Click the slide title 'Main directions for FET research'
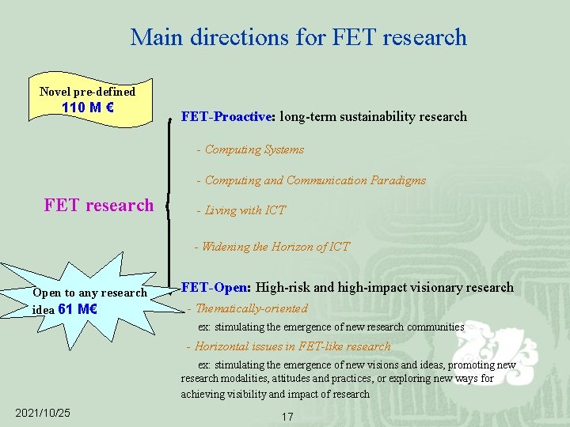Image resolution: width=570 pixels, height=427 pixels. (x=298, y=37)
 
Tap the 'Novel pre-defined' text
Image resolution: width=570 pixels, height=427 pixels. (x=87, y=92)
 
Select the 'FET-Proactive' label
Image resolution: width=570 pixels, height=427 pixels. (x=226, y=116)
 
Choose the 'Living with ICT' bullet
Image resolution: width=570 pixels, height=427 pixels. (x=245, y=210)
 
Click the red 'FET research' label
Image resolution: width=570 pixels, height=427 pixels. (x=99, y=206)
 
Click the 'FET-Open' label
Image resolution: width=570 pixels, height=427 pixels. (x=215, y=288)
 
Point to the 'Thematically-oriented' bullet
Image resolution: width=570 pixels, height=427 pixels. (x=251, y=308)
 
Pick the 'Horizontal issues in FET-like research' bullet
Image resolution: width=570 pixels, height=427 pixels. (x=292, y=346)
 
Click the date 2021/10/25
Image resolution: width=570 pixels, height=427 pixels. (x=43, y=413)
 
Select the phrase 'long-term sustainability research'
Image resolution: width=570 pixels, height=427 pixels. (x=373, y=116)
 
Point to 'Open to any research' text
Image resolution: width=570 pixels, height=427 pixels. (x=89, y=293)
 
